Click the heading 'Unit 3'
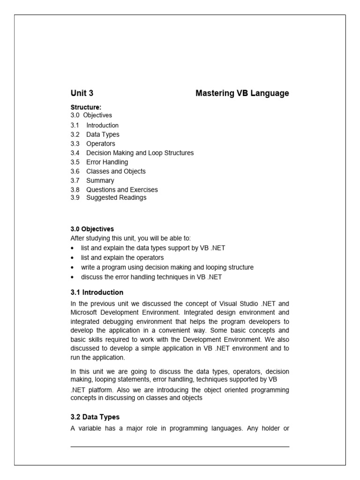click(x=82, y=93)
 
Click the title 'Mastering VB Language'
click(x=242, y=93)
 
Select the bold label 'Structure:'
click(x=86, y=107)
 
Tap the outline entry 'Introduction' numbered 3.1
click(x=102, y=125)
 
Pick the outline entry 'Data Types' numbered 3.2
click(x=103, y=135)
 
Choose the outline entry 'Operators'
click(x=100, y=143)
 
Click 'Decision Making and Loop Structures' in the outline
click(x=140, y=153)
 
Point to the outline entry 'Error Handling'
click(x=107, y=162)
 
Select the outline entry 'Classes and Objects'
click(x=116, y=171)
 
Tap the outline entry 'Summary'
click(x=100, y=180)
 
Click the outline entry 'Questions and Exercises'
click(x=122, y=190)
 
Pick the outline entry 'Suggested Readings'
click(x=116, y=197)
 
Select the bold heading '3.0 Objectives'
click(x=92, y=229)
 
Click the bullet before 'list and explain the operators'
click(x=72, y=258)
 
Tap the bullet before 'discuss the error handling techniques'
click(x=72, y=277)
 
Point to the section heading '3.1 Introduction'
click(x=97, y=292)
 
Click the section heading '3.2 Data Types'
click(x=95, y=417)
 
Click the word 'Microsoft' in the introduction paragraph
click(x=85, y=312)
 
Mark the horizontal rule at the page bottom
click(x=180, y=447)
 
